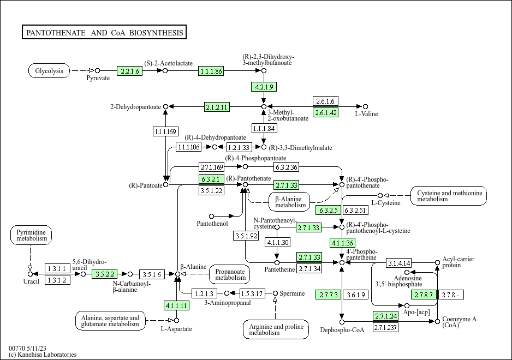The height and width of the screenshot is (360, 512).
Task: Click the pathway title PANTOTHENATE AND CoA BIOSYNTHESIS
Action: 104,33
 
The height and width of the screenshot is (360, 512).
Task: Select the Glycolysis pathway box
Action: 49,71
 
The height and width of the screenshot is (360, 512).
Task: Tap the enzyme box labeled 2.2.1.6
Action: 130,71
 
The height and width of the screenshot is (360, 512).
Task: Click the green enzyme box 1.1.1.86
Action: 211,71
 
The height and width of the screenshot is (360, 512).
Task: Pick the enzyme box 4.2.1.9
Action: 264,87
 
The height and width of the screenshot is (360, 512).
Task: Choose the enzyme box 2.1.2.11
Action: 217,106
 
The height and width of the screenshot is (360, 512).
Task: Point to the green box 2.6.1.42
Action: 325,112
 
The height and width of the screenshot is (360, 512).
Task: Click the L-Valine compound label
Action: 366,114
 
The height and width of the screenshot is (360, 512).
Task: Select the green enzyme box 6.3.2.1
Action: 211,179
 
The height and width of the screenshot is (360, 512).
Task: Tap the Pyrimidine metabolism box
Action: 31,236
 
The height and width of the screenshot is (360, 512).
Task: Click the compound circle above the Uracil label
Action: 30,274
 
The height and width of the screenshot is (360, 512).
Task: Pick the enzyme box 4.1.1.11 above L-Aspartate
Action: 177,305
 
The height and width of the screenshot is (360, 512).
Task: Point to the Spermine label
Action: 293,293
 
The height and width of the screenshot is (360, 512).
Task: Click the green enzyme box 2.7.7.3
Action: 329,295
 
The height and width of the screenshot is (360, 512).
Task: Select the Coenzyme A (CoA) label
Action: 458,322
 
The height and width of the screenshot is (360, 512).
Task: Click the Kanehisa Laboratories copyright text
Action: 43,355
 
